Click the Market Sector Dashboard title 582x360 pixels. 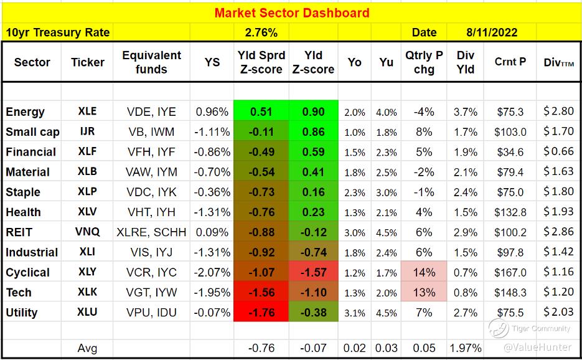pyautogui.click(x=291, y=12)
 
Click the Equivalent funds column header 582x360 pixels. pyautogui.click(x=151, y=62)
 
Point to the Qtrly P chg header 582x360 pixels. pyautogui.click(x=424, y=62)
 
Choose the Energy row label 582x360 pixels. pyautogui.click(x=25, y=112)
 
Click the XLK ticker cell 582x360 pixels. pyautogui.click(x=87, y=292)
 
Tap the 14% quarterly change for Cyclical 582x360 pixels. pyautogui.click(x=424, y=272)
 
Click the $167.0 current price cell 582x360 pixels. pyautogui.click(x=510, y=272)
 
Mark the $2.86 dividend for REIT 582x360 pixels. pyautogui.click(x=558, y=232)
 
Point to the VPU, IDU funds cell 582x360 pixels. pyautogui.click(x=151, y=313)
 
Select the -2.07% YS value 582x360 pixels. pyautogui.click(x=212, y=272)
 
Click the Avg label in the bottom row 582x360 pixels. pyautogui.click(x=87, y=348)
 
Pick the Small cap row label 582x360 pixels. pyautogui.click(x=31, y=132)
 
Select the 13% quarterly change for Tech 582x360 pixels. pyautogui.click(x=424, y=292)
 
